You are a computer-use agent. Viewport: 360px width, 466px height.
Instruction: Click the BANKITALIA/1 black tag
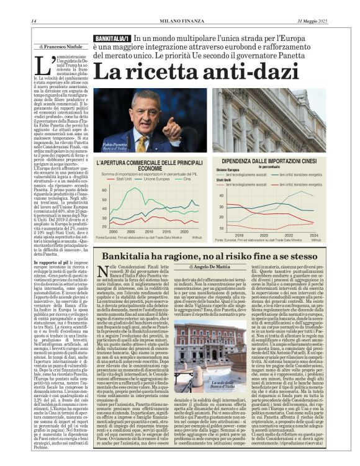(x=112, y=38)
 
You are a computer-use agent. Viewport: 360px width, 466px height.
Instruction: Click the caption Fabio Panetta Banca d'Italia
(x=109, y=146)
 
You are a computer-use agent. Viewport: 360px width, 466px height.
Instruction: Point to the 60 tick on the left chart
(x=105, y=190)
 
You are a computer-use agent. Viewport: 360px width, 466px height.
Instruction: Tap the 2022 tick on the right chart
(x=289, y=235)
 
